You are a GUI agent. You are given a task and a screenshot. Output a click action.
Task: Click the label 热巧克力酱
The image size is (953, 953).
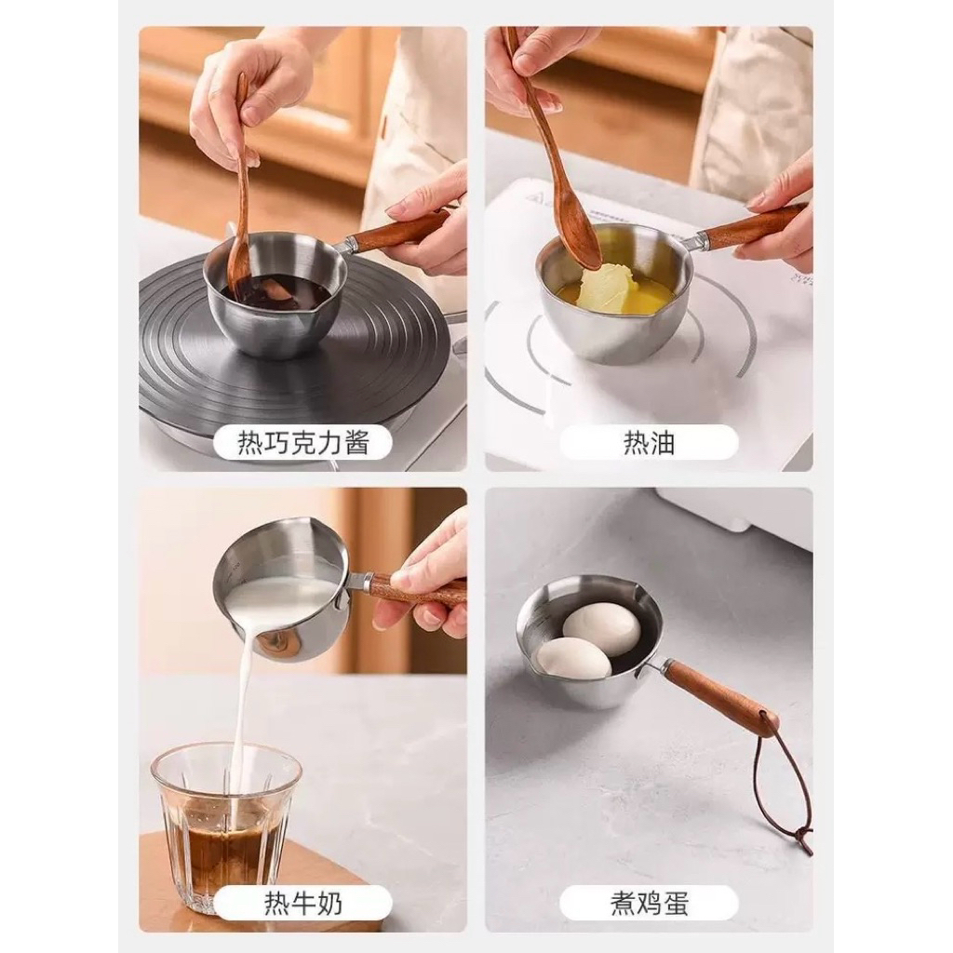pos(302,442)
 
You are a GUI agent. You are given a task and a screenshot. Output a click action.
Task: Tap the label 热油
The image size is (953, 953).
pos(649,442)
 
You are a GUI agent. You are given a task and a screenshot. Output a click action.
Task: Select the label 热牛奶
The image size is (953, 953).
pos(302,903)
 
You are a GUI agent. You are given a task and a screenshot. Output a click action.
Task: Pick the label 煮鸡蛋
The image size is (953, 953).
pos(649,903)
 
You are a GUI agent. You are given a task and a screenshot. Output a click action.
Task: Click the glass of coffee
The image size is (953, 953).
pos(225,826)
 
